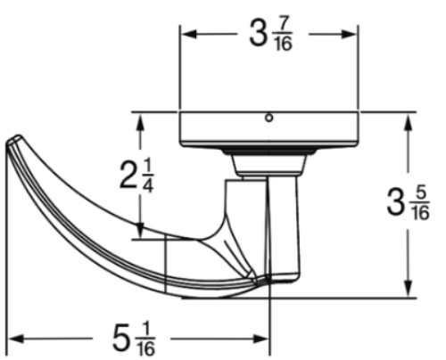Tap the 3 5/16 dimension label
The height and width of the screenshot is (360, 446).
coord(408,203)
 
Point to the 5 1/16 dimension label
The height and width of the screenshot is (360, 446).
coord(134,339)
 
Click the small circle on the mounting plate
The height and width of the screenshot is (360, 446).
coord(268,118)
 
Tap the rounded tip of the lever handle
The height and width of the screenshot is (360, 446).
coord(13,141)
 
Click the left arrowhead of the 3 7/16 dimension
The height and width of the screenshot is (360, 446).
coord(189,34)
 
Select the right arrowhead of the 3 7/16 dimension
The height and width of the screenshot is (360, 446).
coord(349,34)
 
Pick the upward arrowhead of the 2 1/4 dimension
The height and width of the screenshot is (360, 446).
coord(140,122)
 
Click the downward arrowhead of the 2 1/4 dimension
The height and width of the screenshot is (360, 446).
coord(140,230)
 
